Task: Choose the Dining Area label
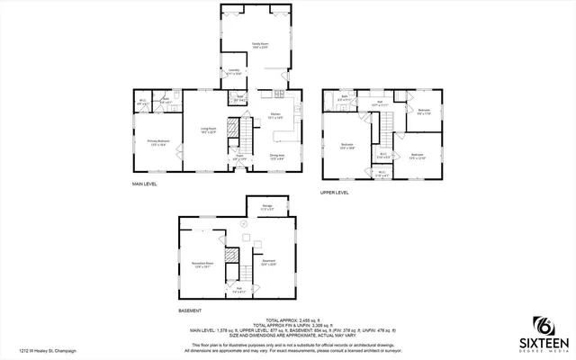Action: click(277, 156)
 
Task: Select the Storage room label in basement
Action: click(266, 209)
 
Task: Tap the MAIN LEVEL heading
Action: click(145, 184)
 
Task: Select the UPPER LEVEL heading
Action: click(335, 192)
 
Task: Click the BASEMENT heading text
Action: click(190, 310)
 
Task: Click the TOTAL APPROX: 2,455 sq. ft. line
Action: click(287, 319)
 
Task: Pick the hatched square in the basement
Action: click(231, 255)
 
